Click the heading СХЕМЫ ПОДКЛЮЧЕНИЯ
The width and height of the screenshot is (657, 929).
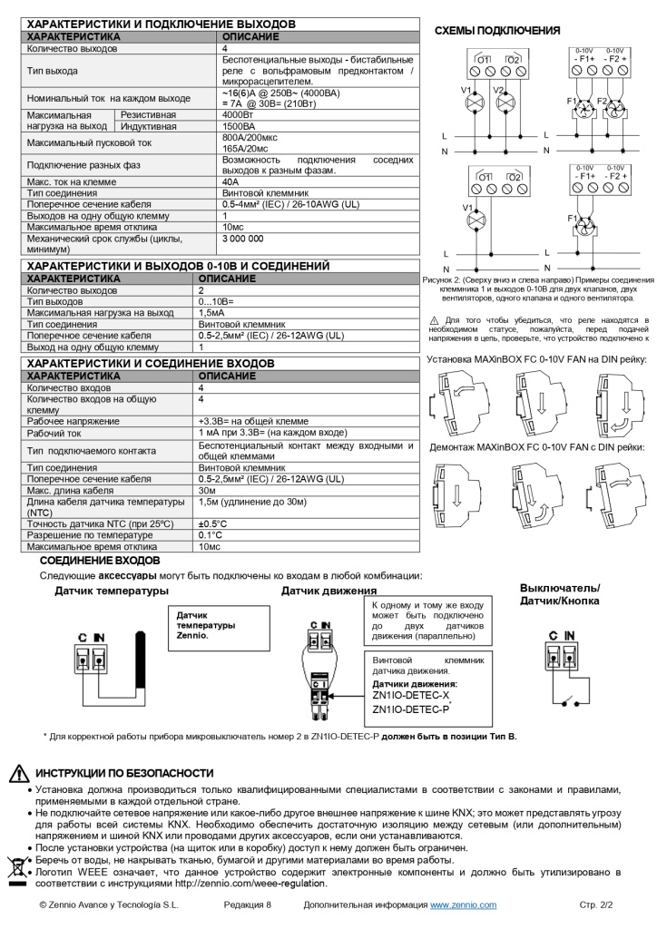pos(496,31)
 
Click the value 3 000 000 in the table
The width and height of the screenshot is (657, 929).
pos(242,238)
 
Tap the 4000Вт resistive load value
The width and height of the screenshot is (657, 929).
pos(238,116)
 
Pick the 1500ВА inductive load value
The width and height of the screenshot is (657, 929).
pos(238,127)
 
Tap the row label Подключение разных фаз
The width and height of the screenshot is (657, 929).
pos(80,165)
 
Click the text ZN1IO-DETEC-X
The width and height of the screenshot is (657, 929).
pos(410,695)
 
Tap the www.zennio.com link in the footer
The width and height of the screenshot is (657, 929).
pos(463,905)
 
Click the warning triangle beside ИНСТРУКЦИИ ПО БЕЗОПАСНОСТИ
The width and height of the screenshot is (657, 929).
pos(18,774)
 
